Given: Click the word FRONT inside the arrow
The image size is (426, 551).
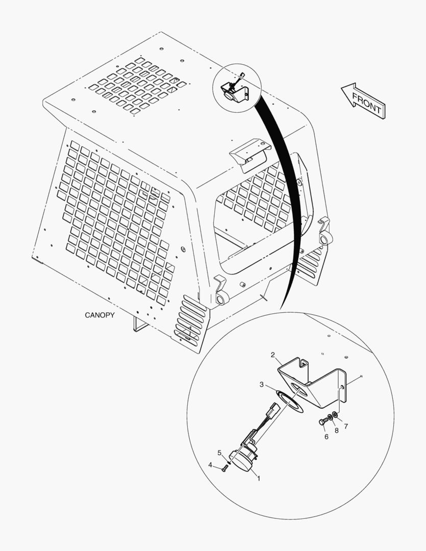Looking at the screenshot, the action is pos(366,103).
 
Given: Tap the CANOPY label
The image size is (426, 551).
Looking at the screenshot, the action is pos(99,315).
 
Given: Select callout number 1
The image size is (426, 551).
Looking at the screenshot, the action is pos(259,478).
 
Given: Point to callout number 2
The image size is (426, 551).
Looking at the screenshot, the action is pos(273,355).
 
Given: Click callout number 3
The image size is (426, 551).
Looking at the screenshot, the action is pos(262,385).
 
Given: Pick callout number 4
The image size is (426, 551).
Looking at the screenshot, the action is pos(210,465).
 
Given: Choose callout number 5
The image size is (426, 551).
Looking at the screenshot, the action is pos(220,453).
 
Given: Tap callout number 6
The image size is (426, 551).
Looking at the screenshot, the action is pos(326,437).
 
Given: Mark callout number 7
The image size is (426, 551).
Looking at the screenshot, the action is pos(346,426).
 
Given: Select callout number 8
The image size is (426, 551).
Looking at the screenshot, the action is pos(336,431).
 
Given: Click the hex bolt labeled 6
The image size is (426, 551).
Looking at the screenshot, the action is pos(322,421).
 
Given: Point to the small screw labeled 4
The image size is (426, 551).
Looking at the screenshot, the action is pos(225,468).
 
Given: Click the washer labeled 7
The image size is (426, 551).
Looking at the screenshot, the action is pos(335,415).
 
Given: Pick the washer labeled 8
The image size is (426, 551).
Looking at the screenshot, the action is pos(330,417).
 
